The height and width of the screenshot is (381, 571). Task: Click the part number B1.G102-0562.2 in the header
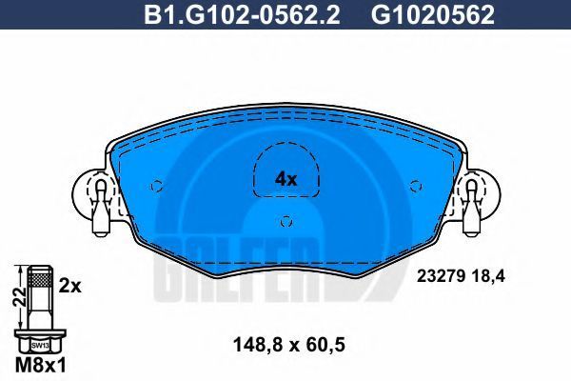[x=242, y=15]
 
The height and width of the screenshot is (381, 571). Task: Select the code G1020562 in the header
[x=433, y=15]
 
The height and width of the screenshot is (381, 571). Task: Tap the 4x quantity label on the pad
[x=286, y=179]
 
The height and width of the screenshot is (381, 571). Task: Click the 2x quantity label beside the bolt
[x=69, y=286]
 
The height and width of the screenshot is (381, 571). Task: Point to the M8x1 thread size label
[x=41, y=365]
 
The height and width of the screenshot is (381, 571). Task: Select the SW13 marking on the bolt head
[x=40, y=344]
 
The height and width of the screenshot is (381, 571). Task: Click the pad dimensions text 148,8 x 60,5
[x=288, y=344]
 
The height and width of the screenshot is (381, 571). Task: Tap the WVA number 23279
[x=441, y=276]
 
